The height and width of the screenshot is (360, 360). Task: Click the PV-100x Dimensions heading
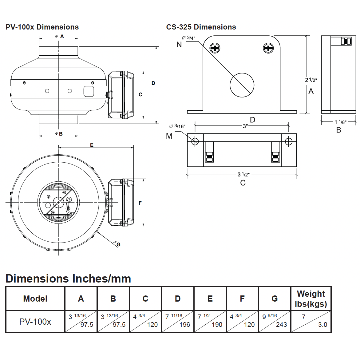(x=42, y=27)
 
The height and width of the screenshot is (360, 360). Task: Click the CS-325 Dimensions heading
(x=201, y=27)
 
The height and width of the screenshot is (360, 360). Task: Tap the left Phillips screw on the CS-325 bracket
(x=215, y=48)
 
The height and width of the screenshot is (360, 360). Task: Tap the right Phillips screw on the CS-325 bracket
(x=268, y=48)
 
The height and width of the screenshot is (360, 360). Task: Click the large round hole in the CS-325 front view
(x=242, y=85)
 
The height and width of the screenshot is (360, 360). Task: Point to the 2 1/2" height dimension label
(x=311, y=80)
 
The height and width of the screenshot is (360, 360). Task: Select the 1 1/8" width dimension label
(x=340, y=122)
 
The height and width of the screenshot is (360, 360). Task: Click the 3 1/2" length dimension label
(x=243, y=175)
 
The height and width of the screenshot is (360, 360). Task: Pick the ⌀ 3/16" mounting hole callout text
(x=177, y=126)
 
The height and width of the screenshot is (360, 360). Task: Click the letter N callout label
(x=179, y=45)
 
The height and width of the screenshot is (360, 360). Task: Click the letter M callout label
(x=169, y=136)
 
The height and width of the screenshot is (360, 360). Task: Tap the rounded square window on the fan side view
(x=88, y=91)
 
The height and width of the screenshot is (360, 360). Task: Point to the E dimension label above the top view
(x=92, y=145)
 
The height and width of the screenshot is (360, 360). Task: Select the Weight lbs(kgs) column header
(x=311, y=299)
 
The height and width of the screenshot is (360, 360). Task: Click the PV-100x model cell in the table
(x=35, y=322)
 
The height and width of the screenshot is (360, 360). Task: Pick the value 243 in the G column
(x=281, y=325)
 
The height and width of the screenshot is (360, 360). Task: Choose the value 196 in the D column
(x=184, y=325)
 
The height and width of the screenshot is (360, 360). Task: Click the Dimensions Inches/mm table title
(x=68, y=279)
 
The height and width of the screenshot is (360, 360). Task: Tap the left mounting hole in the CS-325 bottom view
(x=195, y=141)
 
